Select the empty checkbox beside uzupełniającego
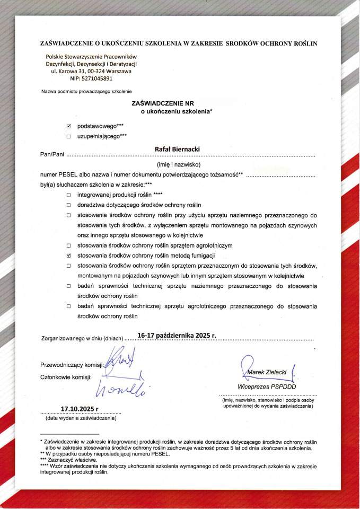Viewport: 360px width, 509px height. tap(68, 136)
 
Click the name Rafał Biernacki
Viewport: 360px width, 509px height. tap(177, 150)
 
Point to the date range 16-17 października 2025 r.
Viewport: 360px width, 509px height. tap(177, 335)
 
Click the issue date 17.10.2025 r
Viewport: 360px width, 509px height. tap(80, 408)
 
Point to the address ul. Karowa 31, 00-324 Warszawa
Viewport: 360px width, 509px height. tap(91, 71)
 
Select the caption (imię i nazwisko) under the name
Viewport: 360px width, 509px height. tap(177, 165)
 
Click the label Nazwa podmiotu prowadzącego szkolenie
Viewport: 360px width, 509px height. tap(86, 91)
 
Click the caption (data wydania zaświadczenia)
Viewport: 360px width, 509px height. tap(81, 418)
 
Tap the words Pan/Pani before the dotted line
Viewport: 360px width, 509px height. tap(51, 154)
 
